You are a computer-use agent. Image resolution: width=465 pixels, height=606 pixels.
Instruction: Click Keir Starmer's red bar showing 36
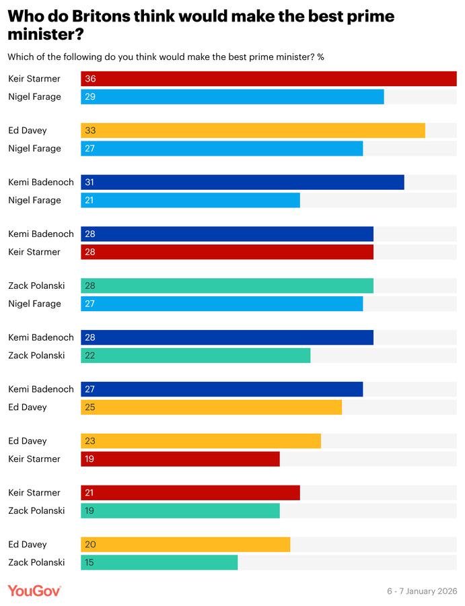(269, 79)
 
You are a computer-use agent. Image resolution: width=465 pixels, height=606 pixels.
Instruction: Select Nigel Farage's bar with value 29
(232, 96)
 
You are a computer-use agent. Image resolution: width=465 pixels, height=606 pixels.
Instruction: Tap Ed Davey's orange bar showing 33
(253, 130)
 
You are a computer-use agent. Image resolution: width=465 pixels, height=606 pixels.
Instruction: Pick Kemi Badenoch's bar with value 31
(242, 182)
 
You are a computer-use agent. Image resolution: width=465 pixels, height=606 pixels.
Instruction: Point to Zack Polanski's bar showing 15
(159, 562)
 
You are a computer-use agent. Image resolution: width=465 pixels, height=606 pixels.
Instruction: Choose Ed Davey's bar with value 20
(185, 544)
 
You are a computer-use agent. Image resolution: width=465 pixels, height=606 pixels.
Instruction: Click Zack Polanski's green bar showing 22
(195, 355)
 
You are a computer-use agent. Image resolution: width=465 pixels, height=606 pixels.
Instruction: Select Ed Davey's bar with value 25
(211, 407)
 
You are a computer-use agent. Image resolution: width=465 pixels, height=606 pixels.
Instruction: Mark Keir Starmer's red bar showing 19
(180, 459)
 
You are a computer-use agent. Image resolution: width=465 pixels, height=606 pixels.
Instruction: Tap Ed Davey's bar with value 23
(201, 441)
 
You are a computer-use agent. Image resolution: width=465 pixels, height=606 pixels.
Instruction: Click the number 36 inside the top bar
(90, 79)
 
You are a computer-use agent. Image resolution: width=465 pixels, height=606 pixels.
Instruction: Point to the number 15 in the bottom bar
(90, 562)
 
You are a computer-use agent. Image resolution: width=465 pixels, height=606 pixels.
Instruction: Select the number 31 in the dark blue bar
(90, 182)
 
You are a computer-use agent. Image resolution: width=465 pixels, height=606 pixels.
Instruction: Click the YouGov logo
(34, 591)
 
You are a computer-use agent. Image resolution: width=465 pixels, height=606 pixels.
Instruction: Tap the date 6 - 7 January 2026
(422, 591)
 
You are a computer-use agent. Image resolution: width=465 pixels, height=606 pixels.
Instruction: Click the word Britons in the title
(101, 16)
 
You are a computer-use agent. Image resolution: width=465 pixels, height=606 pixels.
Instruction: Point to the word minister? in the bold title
(46, 34)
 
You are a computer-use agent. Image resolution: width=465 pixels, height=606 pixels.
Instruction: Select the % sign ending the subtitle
(320, 57)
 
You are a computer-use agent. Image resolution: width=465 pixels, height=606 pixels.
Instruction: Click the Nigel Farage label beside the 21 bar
(35, 200)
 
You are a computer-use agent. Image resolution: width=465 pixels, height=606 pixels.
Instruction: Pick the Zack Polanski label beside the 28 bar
(37, 285)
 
